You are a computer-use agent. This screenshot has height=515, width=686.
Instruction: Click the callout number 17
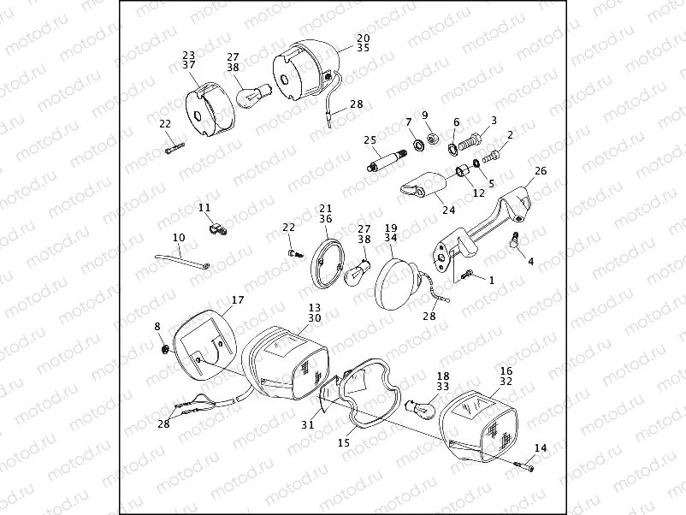(238, 300)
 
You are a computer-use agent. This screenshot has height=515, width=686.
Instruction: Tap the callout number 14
(541, 448)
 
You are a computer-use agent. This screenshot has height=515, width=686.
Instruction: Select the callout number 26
(541, 170)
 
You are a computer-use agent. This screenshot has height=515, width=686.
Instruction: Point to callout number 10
(179, 238)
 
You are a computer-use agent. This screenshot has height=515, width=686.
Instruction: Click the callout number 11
(204, 207)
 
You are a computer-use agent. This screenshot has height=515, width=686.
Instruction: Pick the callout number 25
(370, 140)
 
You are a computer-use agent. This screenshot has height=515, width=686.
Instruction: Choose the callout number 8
(157, 327)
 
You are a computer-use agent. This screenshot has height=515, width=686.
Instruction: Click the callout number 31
(308, 424)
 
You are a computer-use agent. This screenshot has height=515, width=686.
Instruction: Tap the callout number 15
(344, 443)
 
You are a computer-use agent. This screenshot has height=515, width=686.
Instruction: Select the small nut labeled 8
(166, 349)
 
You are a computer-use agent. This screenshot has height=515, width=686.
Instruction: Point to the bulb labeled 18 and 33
(421, 408)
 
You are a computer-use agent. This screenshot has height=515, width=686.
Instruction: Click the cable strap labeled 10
(182, 261)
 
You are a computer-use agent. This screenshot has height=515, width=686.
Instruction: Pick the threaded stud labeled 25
(387, 160)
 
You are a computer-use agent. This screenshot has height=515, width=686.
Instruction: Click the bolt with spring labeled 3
(470, 139)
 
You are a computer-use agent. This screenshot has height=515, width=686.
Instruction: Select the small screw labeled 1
(467, 275)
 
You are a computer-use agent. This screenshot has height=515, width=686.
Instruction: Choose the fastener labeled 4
(515, 240)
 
